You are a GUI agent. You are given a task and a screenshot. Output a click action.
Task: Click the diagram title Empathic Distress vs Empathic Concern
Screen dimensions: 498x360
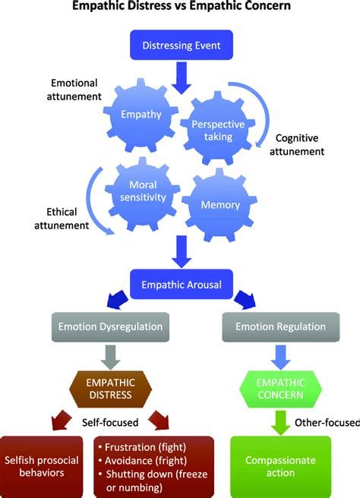pos(180,8)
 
